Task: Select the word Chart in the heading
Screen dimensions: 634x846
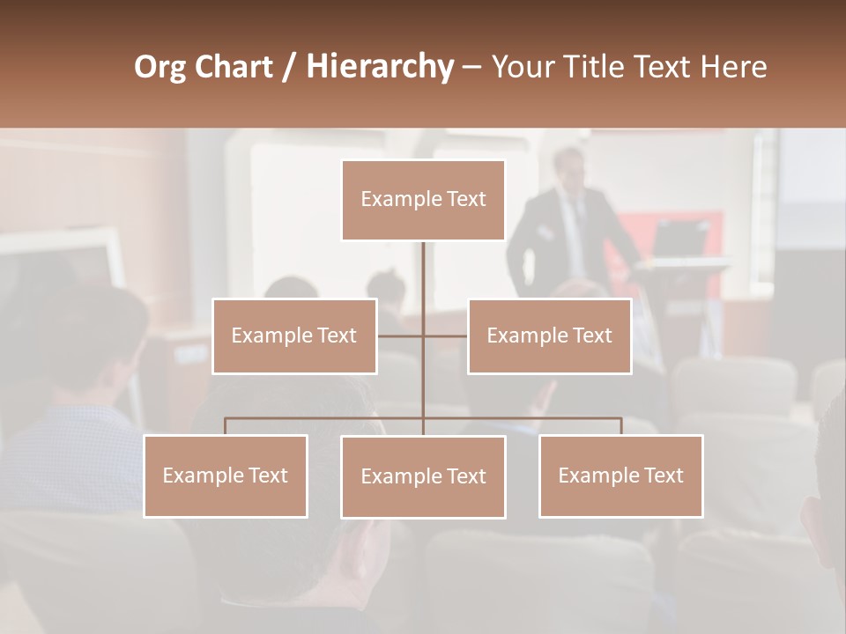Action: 233,67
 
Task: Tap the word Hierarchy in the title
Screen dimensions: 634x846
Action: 379,67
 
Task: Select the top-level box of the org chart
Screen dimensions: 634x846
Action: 423,200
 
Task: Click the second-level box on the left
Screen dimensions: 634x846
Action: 294,336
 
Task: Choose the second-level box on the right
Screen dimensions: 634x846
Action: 549,336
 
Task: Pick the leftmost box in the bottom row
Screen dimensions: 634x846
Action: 226,476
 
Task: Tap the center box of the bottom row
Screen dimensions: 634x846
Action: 423,477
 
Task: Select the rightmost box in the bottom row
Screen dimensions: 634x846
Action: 620,476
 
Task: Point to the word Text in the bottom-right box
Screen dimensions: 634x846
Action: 663,475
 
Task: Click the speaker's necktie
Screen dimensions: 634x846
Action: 577,220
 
